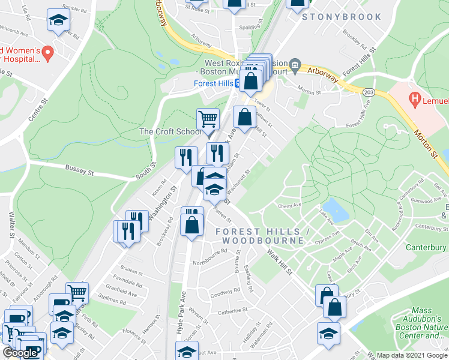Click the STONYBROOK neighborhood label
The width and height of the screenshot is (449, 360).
click(342, 17)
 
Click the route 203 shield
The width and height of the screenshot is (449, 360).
click(367, 90)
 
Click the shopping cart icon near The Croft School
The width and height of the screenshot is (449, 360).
click(208, 118)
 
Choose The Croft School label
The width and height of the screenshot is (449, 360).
click(170, 131)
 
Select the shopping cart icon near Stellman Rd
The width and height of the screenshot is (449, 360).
click(77, 293)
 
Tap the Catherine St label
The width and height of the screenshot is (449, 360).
click(232, 311)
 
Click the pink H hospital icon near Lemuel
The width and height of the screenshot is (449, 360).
click(414, 97)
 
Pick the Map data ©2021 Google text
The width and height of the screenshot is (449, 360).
click(412, 355)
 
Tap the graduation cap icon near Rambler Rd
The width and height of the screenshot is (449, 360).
click(58, 22)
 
